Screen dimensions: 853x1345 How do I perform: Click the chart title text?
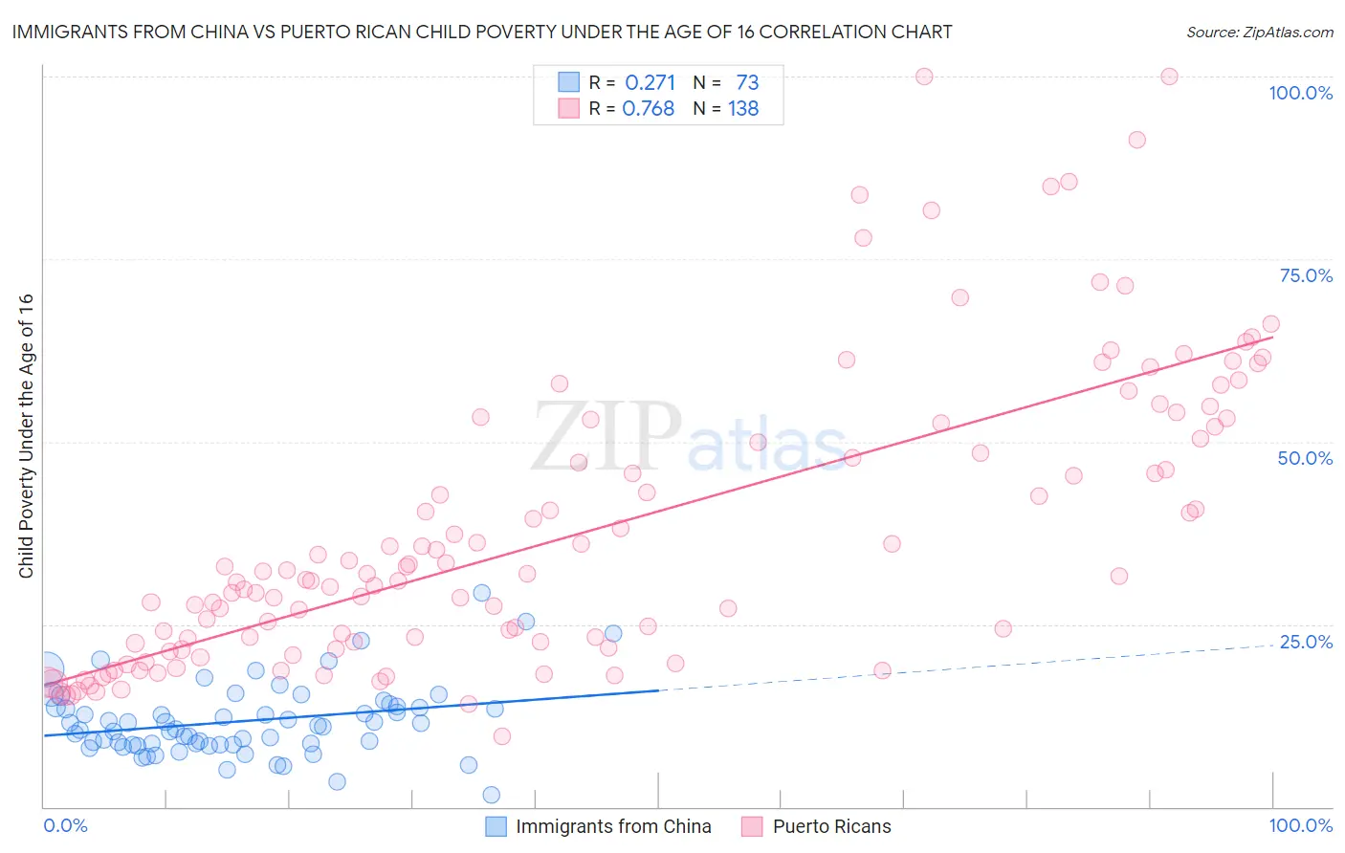point(481,32)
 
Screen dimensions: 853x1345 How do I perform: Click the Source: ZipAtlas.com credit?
point(1259,32)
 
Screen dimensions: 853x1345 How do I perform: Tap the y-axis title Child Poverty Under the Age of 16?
point(26,435)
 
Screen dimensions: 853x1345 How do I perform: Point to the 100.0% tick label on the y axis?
point(1300,93)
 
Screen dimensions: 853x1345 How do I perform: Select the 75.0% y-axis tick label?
point(1306,275)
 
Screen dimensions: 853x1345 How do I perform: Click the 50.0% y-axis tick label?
point(1305,458)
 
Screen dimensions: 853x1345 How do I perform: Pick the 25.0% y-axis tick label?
point(1306,642)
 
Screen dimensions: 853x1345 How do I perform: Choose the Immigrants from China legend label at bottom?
point(613,826)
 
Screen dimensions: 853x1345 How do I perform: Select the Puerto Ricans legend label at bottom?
point(831,826)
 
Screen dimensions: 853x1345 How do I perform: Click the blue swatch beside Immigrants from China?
point(496,826)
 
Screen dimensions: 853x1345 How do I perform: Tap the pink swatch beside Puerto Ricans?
point(752,826)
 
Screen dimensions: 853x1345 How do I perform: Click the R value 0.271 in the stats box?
point(650,82)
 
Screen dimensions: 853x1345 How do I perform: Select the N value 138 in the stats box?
point(743,109)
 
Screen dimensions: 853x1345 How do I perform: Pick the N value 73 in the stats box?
point(747,82)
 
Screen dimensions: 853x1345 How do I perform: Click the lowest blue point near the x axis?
point(491,795)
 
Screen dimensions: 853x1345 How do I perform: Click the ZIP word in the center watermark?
point(606,435)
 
